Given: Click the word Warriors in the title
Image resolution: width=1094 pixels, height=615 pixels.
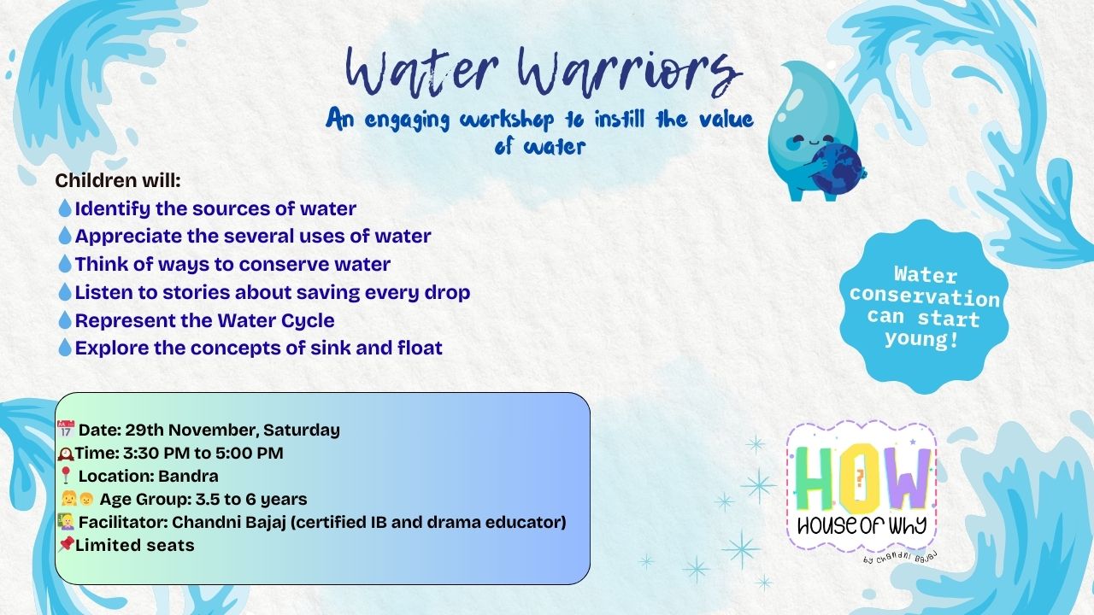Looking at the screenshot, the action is tap(630, 73).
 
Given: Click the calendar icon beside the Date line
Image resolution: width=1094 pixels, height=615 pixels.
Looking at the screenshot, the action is tap(66, 429).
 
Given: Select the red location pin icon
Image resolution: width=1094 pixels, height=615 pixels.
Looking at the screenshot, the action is tap(66, 475).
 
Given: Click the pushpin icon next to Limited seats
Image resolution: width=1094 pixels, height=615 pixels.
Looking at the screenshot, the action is tap(66, 544).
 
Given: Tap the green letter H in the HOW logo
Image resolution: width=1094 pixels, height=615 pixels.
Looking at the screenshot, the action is tap(815, 479).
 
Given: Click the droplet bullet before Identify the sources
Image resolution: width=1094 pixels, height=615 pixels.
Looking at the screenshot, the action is tap(65, 208).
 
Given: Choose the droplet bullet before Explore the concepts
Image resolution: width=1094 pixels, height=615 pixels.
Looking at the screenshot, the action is tap(65, 348).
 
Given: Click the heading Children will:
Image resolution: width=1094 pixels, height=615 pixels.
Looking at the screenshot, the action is tap(118, 180).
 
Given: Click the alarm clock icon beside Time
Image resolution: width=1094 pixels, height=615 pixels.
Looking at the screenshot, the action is tap(66, 454).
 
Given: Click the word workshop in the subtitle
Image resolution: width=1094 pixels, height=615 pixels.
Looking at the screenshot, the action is tap(507, 120).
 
